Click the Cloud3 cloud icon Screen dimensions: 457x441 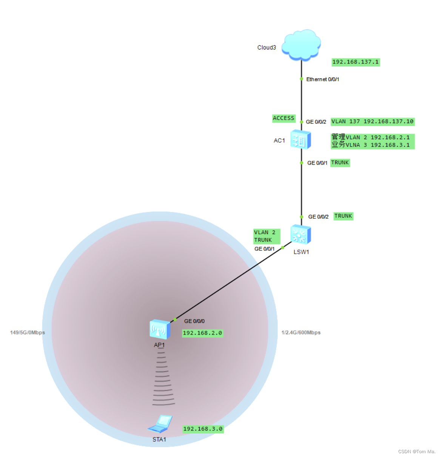(x=301, y=45)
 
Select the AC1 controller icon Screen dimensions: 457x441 (x=301, y=140)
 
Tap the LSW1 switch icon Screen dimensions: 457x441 (x=301, y=235)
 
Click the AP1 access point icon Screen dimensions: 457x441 (x=160, y=329)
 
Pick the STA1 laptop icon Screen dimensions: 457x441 (x=160, y=424)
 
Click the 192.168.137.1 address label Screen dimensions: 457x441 (x=356, y=62)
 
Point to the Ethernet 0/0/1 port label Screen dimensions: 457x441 (x=322, y=79)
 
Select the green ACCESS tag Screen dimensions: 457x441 (x=284, y=118)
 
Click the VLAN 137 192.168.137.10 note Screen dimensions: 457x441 (x=372, y=122)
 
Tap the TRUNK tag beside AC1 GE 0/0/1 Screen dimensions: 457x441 (x=340, y=163)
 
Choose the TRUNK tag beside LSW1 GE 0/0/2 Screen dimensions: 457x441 (x=343, y=216)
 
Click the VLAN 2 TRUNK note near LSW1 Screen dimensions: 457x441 (x=266, y=236)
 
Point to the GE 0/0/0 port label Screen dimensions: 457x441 (x=194, y=321)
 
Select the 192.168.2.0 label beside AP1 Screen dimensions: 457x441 (x=202, y=333)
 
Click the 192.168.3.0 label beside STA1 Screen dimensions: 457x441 (x=203, y=429)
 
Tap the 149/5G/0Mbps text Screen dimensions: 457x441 (x=28, y=333)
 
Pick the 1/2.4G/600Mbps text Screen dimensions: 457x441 (x=301, y=333)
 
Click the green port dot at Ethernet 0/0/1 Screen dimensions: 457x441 (x=301, y=79)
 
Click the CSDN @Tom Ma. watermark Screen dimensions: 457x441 (x=416, y=452)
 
